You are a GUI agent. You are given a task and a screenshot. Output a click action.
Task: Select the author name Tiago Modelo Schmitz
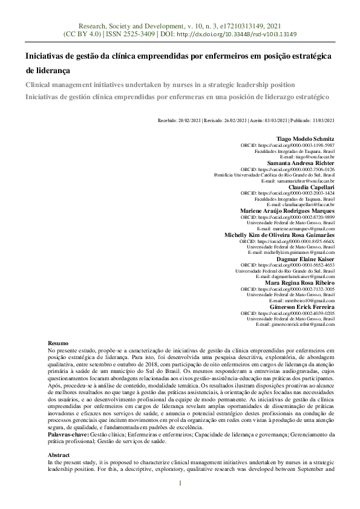click(x=305, y=139)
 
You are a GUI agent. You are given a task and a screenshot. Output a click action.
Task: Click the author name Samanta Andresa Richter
click(x=301, y=163)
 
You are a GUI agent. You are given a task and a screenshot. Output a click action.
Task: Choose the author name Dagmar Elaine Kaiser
click(x=306, y=259)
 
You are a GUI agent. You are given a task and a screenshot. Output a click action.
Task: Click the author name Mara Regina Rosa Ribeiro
click(x=299, y=282)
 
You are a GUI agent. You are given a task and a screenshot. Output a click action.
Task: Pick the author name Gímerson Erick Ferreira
click(x=302, y=306)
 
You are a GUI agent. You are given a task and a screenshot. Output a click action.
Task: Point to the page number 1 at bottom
click(x=180, y=500)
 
